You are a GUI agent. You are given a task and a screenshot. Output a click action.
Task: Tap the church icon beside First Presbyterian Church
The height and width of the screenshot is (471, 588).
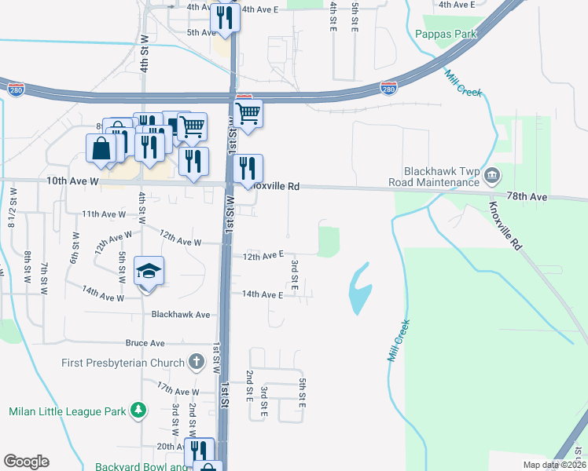coord(197,363)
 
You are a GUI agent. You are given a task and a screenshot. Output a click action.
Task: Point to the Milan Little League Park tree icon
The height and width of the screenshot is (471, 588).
coord(138,411)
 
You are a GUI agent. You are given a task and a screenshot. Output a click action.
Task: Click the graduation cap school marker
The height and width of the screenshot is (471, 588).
coord(149,272)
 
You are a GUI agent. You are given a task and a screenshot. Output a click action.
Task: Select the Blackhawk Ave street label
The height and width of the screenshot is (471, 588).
coord(181,314)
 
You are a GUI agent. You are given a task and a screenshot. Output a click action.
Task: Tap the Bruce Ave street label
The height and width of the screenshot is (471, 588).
coord(145,343)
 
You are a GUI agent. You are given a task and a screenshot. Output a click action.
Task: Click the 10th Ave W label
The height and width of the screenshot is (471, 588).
coord(72,181)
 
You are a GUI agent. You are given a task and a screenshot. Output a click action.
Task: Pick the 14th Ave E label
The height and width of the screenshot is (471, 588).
coord(262,294)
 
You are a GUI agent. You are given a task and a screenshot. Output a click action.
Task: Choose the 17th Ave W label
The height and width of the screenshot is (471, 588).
coord(178,390)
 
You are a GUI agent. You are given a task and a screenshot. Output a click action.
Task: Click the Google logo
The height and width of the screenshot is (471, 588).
coord(26,462)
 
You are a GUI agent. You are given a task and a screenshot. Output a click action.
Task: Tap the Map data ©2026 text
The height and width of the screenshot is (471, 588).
coord(553,465)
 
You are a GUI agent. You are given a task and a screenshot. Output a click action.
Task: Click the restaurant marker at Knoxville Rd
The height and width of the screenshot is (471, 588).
coord(247,167)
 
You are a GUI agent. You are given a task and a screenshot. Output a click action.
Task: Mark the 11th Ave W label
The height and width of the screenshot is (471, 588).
coord(104,214)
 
